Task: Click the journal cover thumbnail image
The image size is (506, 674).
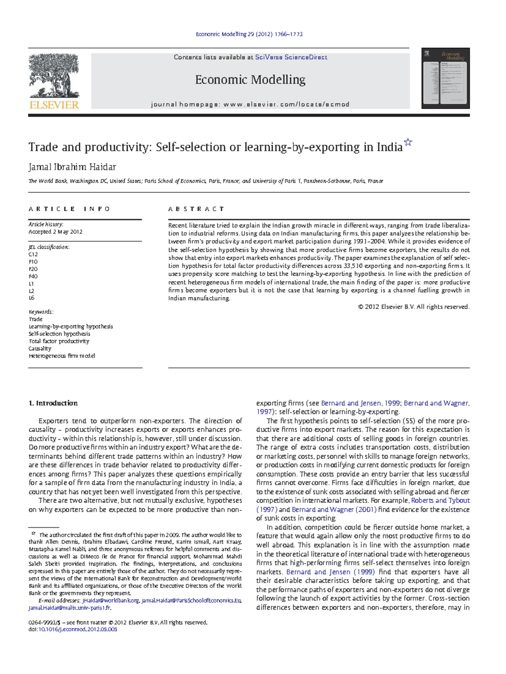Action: click(445, 78)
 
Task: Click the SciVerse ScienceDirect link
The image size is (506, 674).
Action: click(291, 57)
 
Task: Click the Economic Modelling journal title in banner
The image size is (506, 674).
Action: click(250, 80)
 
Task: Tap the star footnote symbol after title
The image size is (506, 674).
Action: click(408, 142)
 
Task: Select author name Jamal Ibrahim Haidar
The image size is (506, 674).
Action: click(72, 167)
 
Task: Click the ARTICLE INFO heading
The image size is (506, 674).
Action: click(69, 209)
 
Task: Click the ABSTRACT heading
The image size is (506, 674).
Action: click(196, 209)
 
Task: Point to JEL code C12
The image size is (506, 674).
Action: click(33, 254)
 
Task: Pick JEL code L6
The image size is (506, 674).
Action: click(32, 298)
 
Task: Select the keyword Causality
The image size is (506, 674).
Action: click(40, 349)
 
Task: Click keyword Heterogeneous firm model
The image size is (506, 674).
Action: click(62, 356)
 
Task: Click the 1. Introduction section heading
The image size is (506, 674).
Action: click(53, 403)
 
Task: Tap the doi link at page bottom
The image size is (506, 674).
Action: click(78, 629)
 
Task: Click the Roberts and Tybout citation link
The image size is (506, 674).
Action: click(440, 501)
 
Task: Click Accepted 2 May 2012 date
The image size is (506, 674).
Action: click(55, 232)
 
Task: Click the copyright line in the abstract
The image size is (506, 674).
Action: click(413, 307)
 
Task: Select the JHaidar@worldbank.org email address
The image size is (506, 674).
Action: click(110, 601)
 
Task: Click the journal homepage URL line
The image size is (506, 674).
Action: click(250, 105)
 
